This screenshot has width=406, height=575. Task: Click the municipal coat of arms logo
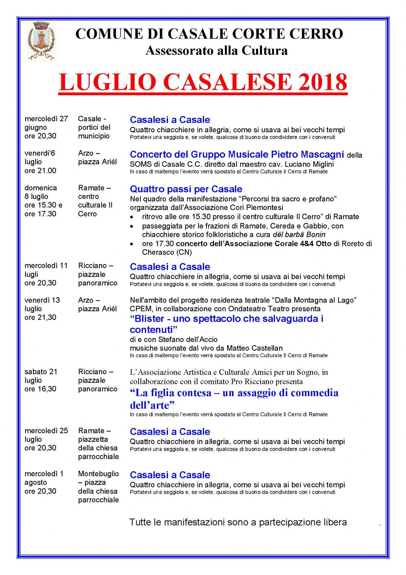pyautogui.click(x=41, y=41)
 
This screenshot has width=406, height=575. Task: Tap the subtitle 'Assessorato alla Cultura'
pyautogui.click(x=216, y=50)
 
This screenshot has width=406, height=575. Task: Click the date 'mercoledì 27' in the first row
pyautogui.click(x=46, y=119)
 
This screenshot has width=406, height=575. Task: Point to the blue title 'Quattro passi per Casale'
pyautogui.click(x=186, y=189)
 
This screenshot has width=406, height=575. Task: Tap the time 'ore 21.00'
pyautogui.click(x=40, y=171)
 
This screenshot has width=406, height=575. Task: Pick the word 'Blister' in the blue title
pyautogui.click(x=147, y=319)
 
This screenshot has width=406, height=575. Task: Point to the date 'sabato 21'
pyautogui.click(x=41, y=372)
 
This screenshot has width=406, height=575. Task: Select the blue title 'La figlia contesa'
pyautogui.click(x=171, y=393)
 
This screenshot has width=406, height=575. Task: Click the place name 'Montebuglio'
pyautogui.click(x=98, y=474)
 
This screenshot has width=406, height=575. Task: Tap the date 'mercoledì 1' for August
pyautogui.click(x=44, y=474)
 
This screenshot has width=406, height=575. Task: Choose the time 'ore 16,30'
pyautogui.click(x=40, y=389)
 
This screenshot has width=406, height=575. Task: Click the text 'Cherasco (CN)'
pyautogui.click(x=167, y=252)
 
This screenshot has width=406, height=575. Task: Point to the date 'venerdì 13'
pyautogui.click(x=42, y=300)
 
